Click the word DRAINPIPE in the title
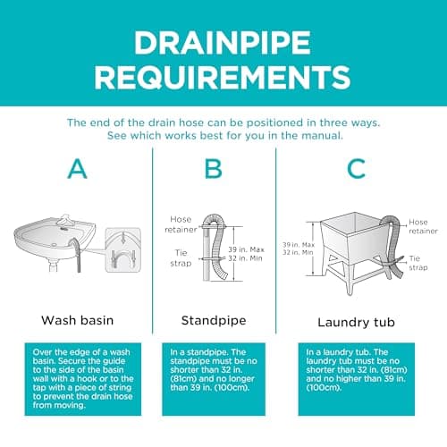pyautogui.click(x=223, y=42)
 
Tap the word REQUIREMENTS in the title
pyautogui.click(x=223, y=77)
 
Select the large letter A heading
pyautogui.click(x=78, y=169)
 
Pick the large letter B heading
pyautogui.click(x=214, y=169)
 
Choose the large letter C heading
pyautogui.click(x=357, y=169)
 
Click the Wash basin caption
pyautogui.click(x=78, y=320)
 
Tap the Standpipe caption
pyautogui.click(x=214, y=321)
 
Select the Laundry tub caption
pyautogui.click(x=356, y=323)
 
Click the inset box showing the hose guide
pyautogui.click(x=123, y=249)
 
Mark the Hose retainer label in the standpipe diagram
pyautogui.click(x=181, y=224)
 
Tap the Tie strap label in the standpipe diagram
pyautogui.click(x=181, y=258)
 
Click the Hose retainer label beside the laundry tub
pyautogui.click(x=423, y=226)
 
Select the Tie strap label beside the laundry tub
pyautogui.click(x=418, y=263)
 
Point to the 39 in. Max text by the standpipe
pyautogui.click(x=246, y=249)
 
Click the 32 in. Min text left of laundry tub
pyautogui.click(x=298, y=253)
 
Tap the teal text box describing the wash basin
pyautogui.click(x=83, y=379)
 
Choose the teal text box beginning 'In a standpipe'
pyautogui.click(x=214, y=379)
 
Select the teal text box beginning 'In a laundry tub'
pyautogui.click(x=357, y=379)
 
